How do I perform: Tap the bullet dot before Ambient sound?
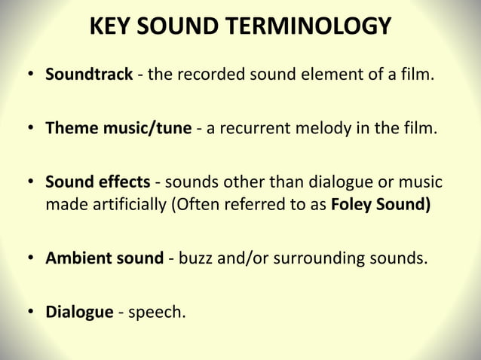pos(31,258)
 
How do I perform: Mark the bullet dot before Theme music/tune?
pos(31,129)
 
